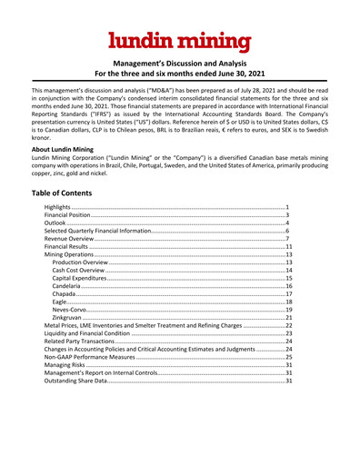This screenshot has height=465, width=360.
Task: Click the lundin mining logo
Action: tap(180, 40)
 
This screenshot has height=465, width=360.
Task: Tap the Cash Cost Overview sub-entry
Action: tap(84, 271)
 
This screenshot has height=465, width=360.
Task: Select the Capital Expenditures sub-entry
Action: tap(86, 278)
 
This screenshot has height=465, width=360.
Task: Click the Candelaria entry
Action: tap(71, 286)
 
